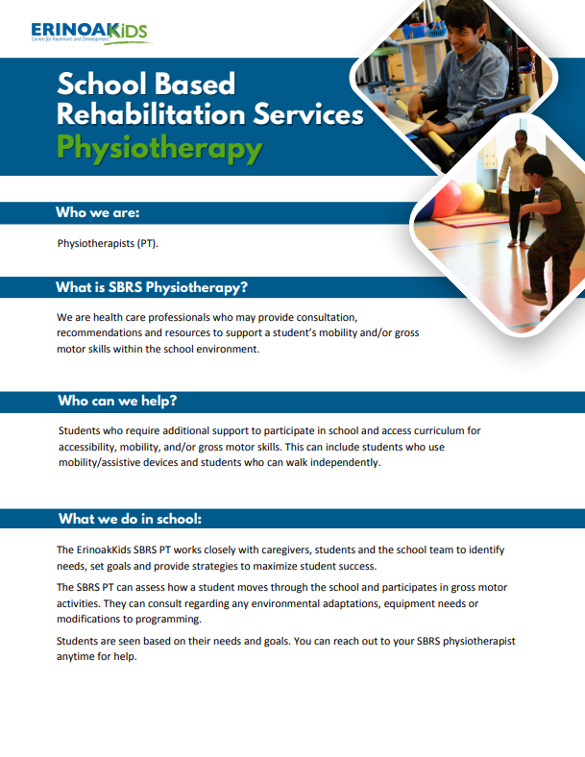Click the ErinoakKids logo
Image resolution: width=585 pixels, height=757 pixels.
click(x=90, y=34)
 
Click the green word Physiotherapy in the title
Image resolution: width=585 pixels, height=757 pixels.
click(x=159, y=147)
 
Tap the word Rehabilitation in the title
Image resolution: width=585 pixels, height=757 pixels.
click(x=151, y=114)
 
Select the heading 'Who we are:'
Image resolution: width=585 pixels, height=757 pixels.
click(x=98, y=212)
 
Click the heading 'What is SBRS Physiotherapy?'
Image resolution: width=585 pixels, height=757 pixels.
click(x=152, y=287)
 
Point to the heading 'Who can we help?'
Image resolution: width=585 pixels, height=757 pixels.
click(x=117, y=401)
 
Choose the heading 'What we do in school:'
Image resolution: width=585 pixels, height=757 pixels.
click(x=130, y=519)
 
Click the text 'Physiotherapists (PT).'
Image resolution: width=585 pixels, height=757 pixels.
click(x=108, y=243)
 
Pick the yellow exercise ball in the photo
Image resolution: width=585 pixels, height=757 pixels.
click(x=471, y=198)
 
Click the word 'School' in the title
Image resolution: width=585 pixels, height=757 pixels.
click(x=102, y=84)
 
